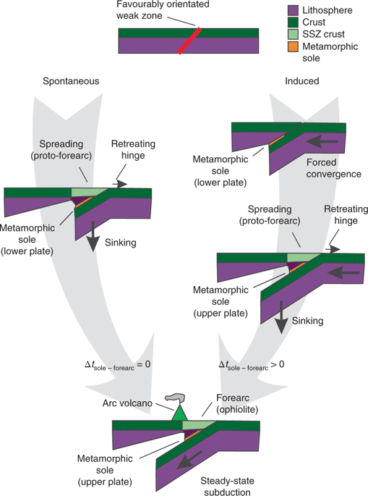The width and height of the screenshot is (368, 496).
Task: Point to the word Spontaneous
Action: (x=72, y=82)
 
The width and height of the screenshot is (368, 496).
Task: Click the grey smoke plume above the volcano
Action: (x=176, y=397)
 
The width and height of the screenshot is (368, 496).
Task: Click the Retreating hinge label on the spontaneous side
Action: (x=132, y=149)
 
